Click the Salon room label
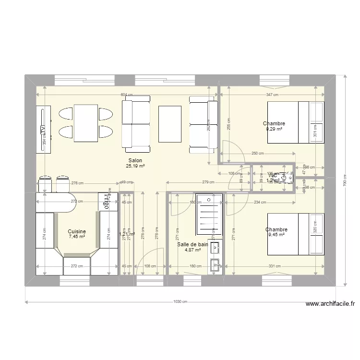135,161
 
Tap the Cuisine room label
77,231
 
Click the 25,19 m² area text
135,166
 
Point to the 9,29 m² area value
275,129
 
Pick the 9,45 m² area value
276,235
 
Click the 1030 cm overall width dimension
180,302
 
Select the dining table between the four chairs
86,123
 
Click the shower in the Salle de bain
209,215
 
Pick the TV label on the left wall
43,130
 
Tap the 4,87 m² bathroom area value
192,250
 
